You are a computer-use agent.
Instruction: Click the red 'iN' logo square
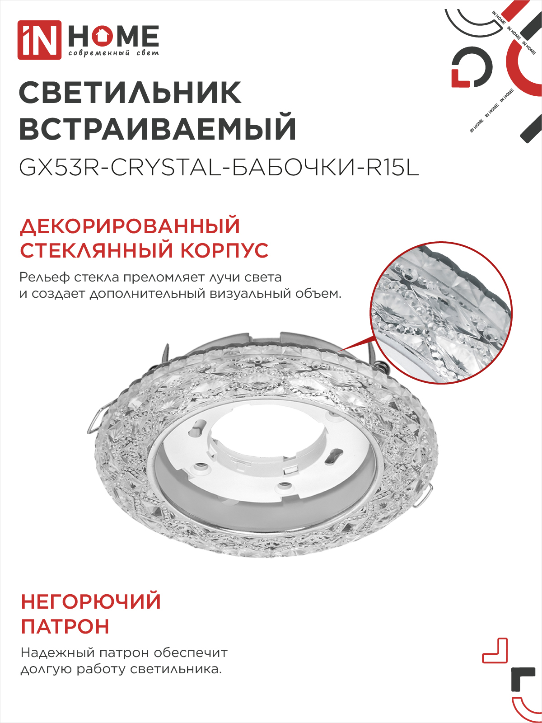(x=39, y=40)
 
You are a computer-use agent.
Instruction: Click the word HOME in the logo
(x=113, y=36)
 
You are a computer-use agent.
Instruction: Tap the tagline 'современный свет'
(x=113, y=53)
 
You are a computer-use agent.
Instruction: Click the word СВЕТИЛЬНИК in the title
(x=130, y=93)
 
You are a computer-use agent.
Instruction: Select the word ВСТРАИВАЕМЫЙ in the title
(x=158, y=129)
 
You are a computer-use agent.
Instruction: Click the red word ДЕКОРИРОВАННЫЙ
(x=130, y=226)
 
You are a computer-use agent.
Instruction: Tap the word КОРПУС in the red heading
(x=224, y=251)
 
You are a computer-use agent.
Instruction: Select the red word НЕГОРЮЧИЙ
(x=91, y=602)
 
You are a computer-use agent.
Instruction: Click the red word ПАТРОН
(x=65, y=627)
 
